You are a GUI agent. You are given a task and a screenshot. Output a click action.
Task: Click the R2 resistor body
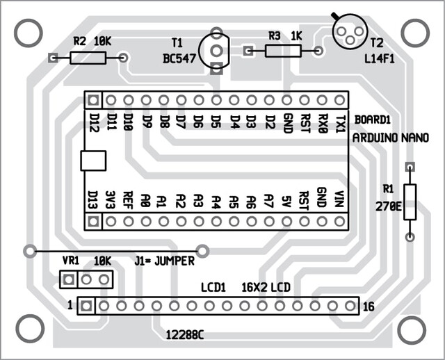click(88, 58)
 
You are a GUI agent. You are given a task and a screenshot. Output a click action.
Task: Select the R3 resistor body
click(283, 51)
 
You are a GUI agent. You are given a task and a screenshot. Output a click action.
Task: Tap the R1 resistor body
click(410, 202)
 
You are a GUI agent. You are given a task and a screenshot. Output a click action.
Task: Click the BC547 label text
click(179, 59)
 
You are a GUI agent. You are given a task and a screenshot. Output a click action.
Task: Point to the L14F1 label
click(380, 59)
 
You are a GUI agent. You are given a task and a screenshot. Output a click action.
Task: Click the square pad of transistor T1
click(216, 68)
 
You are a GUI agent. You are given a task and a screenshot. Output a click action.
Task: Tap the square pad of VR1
click(68, 279)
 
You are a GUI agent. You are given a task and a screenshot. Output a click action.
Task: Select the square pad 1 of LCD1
click(86, 306)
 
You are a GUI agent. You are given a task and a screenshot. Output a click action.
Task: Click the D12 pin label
click(93, 123)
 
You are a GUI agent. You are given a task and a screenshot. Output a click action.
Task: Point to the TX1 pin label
click(340, 124)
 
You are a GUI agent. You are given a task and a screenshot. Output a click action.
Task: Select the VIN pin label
click(339, 199)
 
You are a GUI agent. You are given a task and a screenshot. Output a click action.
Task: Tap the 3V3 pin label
click(111, 199)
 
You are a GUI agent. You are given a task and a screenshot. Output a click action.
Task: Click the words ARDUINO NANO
click(391, 138)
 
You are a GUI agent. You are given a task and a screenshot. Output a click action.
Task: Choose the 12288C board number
click(185, 335)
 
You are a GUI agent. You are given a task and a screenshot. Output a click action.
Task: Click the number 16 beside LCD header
click(369, 307)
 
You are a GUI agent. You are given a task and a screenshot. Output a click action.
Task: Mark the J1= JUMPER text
click(165, 261)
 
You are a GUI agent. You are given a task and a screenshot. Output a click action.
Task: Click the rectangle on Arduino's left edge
click(93, 161)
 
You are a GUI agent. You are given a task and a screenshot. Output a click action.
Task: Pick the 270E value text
click(389, 207)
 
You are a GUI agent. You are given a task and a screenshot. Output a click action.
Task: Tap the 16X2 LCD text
click(266, 288)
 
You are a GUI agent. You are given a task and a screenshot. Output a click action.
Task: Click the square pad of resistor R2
click(53, 58)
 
